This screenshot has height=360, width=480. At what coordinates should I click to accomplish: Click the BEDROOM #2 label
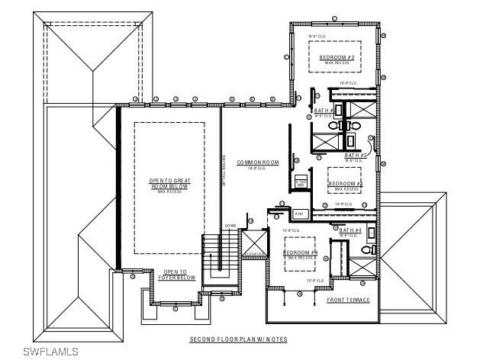[337, 58]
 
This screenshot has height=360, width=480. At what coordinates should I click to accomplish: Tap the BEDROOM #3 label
[345, 184]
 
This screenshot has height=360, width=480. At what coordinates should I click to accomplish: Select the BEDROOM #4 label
[300, 252]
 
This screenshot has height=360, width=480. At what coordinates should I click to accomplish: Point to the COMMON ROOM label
[258, 162]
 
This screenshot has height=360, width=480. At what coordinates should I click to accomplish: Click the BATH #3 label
[356, 155]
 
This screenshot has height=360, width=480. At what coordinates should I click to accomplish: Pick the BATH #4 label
[350, 230]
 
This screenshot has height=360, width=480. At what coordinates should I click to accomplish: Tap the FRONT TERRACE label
[348, 300]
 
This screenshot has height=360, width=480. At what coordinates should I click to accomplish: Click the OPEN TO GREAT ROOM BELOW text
[169, 184]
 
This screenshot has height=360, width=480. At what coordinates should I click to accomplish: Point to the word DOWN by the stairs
[230, 226]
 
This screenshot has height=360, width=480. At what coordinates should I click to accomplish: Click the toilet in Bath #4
[366, 249]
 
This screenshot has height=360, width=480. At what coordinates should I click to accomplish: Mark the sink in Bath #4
[372, 233]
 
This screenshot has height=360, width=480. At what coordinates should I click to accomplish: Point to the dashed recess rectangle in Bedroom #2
[337, 57]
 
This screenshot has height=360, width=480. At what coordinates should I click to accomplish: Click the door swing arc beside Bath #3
[371, 141]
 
